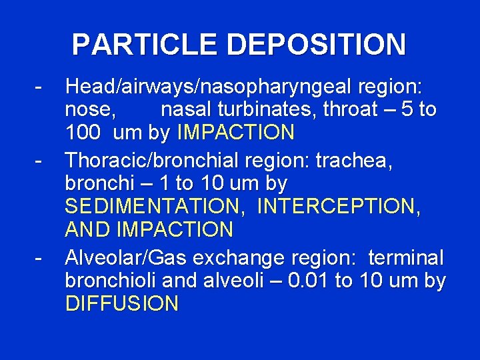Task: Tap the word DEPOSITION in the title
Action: pyautogui.click(x=316, y=45)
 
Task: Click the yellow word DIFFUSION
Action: pyautogui.click(x=122, y=304)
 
